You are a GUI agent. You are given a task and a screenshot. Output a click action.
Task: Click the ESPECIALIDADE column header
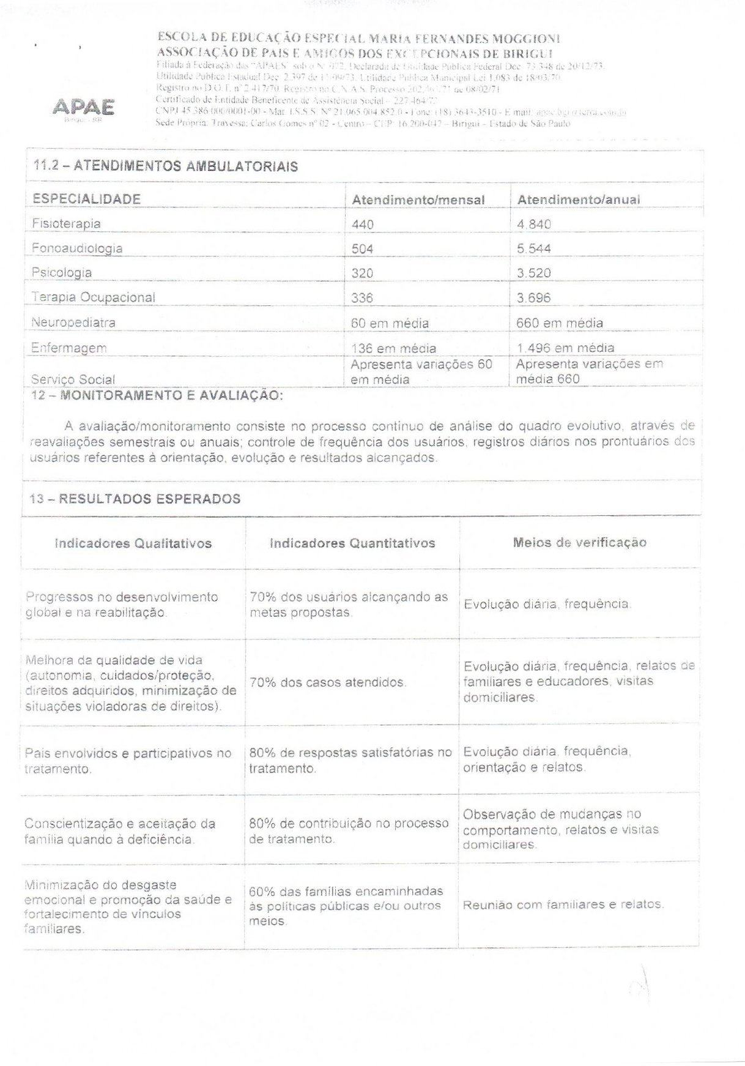86,199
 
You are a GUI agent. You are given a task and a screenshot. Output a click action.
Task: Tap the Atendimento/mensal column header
418,199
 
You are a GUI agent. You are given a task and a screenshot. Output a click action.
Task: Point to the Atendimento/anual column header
579,199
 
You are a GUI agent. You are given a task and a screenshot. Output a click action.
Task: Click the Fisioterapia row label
66,224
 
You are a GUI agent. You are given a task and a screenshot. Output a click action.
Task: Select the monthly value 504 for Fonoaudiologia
362,248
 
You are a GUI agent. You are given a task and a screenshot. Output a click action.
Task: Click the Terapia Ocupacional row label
93,297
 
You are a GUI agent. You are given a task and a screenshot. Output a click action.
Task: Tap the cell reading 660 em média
559,322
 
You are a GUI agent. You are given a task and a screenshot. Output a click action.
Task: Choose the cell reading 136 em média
394,348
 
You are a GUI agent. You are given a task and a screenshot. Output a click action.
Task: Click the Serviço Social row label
73,379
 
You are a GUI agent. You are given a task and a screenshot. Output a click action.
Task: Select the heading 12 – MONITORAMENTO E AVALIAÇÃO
157,395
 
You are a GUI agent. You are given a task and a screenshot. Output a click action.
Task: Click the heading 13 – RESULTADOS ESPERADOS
135,499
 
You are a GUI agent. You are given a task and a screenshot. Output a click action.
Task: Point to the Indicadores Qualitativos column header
133,543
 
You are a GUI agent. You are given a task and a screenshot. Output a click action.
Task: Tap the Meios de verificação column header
579,542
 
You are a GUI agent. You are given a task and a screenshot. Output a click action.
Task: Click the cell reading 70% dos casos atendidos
328,682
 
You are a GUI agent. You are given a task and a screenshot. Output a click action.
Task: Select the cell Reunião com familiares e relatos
563,904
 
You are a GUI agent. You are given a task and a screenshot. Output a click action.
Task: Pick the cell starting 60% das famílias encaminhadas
346,906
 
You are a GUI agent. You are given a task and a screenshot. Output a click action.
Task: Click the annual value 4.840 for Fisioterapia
534,224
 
